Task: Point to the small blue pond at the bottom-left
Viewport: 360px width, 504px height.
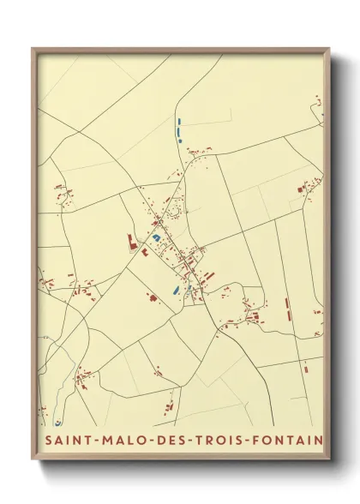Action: coord(58,422)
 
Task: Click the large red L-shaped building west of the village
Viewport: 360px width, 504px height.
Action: coord(132,242)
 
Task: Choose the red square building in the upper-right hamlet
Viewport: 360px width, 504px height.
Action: coord(301,186)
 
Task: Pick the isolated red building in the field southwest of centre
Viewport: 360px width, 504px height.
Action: coord(153,299)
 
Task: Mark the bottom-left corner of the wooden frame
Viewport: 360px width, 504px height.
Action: coord(33,459)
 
